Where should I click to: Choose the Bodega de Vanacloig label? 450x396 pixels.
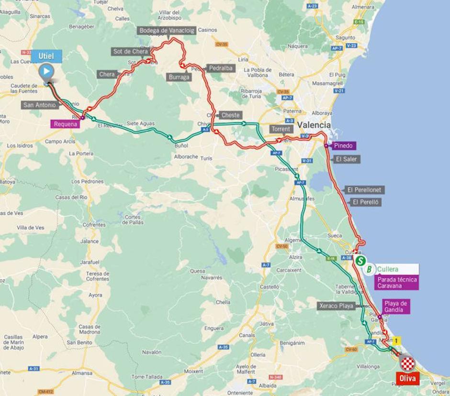167,31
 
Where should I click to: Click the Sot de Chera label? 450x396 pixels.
130,51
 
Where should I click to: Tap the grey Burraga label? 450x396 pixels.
179,77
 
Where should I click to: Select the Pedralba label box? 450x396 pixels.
220,68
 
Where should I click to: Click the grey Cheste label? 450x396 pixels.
230,115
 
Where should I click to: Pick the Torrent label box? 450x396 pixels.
281,129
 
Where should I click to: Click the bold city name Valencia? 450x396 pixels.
314,125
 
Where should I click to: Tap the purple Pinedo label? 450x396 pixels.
343,146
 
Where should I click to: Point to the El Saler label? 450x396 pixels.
346,159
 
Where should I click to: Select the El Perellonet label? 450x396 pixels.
364,190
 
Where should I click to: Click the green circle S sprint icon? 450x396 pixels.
360,261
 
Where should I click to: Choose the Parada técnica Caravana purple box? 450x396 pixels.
397,283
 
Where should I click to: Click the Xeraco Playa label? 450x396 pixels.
336,306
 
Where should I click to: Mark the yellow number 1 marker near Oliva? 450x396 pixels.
396,341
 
